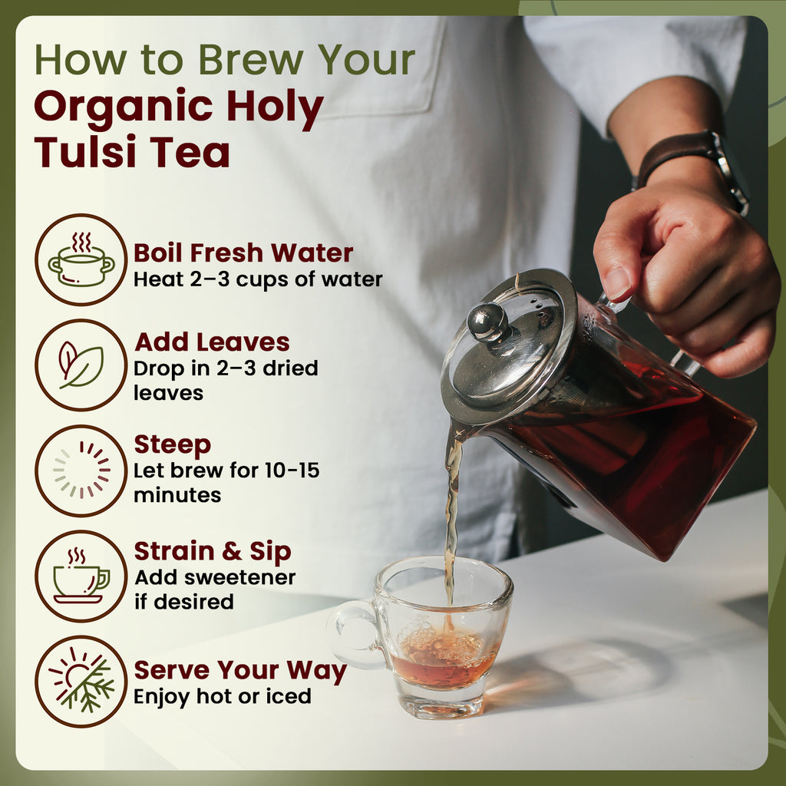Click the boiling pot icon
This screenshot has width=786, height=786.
81,259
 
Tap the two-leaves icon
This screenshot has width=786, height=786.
81,365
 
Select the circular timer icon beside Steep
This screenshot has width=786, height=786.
81,471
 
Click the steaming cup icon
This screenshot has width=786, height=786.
81,576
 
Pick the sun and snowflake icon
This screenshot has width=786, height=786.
81,681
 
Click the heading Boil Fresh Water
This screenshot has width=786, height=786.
243,253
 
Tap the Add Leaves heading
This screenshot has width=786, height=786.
212,342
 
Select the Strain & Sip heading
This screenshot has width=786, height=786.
213,551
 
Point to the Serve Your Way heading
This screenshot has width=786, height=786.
240,671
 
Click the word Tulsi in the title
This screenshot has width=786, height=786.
85,151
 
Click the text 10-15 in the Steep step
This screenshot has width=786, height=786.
292,471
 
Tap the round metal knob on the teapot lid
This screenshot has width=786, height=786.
487,322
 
